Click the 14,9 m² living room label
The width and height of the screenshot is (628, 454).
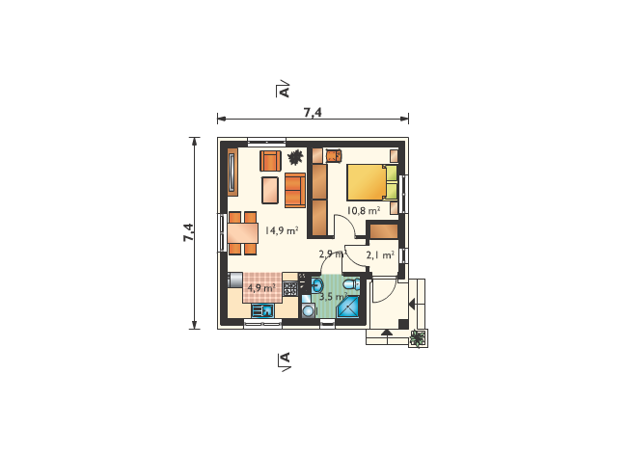[282, 230]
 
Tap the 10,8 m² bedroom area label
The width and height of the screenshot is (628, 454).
[364, 210]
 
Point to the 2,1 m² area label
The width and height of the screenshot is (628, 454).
[380, 255]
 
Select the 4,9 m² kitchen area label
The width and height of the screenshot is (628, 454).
[261, 287]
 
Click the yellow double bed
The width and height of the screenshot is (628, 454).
[372, 182]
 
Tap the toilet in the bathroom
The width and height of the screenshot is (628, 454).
[352, 284]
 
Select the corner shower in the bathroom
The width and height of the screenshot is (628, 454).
[348, 307]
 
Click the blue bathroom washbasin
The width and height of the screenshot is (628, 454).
[317, 285]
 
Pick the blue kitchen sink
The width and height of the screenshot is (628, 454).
[262, 310]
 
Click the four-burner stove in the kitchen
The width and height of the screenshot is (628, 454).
[290, 288]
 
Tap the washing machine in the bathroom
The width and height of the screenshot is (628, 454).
[309, 310]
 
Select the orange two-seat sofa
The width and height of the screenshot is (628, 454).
[295, 190]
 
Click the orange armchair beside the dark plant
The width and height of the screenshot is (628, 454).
[270, 161]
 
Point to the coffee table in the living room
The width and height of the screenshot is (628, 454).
[270, 191]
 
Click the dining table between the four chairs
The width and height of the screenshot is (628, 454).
[243, 233]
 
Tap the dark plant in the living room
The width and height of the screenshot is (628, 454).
[295, 157]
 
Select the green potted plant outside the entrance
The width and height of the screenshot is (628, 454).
[418, 338]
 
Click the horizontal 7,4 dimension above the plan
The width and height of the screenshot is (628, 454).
[313, 119]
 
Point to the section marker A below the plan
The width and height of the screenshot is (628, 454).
[286, 361]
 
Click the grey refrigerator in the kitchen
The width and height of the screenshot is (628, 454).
[235, 280]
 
